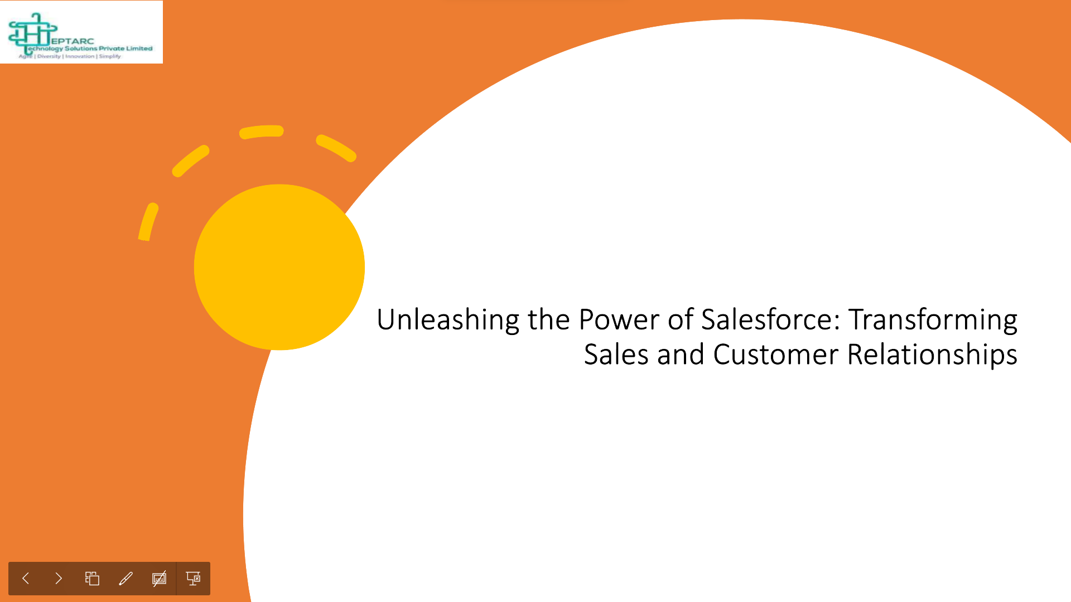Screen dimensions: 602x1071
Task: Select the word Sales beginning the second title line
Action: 616,355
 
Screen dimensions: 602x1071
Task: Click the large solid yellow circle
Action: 279,267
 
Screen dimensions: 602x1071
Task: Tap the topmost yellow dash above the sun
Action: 262,132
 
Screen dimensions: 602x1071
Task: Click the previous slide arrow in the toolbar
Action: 26,579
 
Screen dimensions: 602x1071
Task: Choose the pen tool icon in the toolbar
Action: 126,579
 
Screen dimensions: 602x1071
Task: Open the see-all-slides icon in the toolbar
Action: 92,579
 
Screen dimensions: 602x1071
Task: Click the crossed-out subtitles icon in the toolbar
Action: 159,579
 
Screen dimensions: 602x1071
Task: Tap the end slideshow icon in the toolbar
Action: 193,579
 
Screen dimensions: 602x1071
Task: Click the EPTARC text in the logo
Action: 72,41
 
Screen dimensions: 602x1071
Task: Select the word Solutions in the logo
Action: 81,48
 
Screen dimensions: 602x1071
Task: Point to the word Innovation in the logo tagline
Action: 80,56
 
